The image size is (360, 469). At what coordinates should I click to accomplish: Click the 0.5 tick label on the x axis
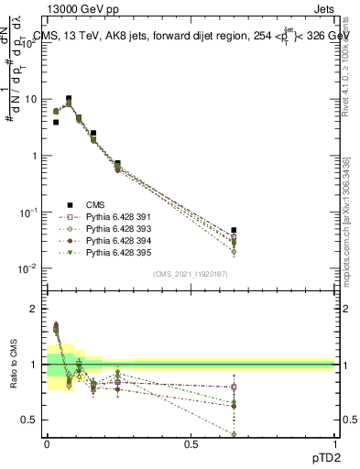(x=191, y=442)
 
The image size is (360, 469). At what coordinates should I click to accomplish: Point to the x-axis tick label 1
(x=335, y=442)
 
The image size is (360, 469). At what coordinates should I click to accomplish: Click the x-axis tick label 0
(x=47, y=442)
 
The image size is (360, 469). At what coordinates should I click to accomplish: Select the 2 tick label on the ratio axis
(x=36, y=309)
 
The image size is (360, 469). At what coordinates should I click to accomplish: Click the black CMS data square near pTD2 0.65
(x=234, y=230)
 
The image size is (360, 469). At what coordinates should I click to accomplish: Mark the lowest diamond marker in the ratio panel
(x=234, y=434)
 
